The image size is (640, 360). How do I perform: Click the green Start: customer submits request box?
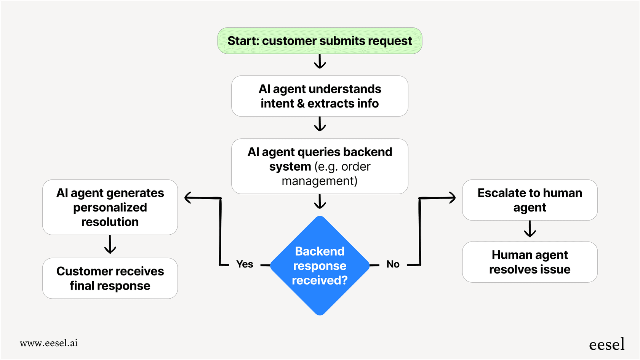pyautogui.click(x=320, y=41)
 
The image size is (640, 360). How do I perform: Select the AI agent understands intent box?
pyautogui.click(x=320, y=96)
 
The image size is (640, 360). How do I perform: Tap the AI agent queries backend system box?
pyautogui.click(x=320, y=166)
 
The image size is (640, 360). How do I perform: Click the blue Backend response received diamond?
pyautogui.click(x=320, y=266)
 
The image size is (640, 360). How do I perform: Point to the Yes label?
pyautogui.click(x=245, y=264)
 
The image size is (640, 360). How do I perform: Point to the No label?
pyautogui.click(x=393, y=264)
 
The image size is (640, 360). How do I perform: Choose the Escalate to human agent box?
pyautogui.click(x=530, y=200)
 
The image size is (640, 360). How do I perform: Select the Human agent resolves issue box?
pyautogui.click(x=530, y=262)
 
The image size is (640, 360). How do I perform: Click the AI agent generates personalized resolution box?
pyautogui.click(x=110, y=207)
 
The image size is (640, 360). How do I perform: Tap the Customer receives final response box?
pyautogui.click(x=110, y=278)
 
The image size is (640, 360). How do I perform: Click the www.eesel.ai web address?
pyautogui.click(x=49, y=343)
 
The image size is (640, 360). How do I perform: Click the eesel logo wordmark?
pyautogui.click(x=606, y=344)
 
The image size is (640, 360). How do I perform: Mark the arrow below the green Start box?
pyautogui.click(x=320, y=61)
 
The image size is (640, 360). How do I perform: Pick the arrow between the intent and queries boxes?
pyautogui.click(x=320, y=124)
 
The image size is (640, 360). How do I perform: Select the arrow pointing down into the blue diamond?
pyautogui.click(x=320, y=202)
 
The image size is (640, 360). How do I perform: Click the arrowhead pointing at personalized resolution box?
pyautogui.click(x=188, y=198)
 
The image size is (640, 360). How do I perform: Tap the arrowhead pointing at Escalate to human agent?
pyautogui.click(x=452, y=198)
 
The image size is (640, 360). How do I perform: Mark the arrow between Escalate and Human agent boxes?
pyautogui.click(x=530, y=229)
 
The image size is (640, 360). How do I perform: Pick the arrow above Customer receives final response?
pyautogui.click(x=110, y=245)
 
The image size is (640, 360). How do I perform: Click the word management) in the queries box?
pyautogui.click(x=320, y=181)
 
